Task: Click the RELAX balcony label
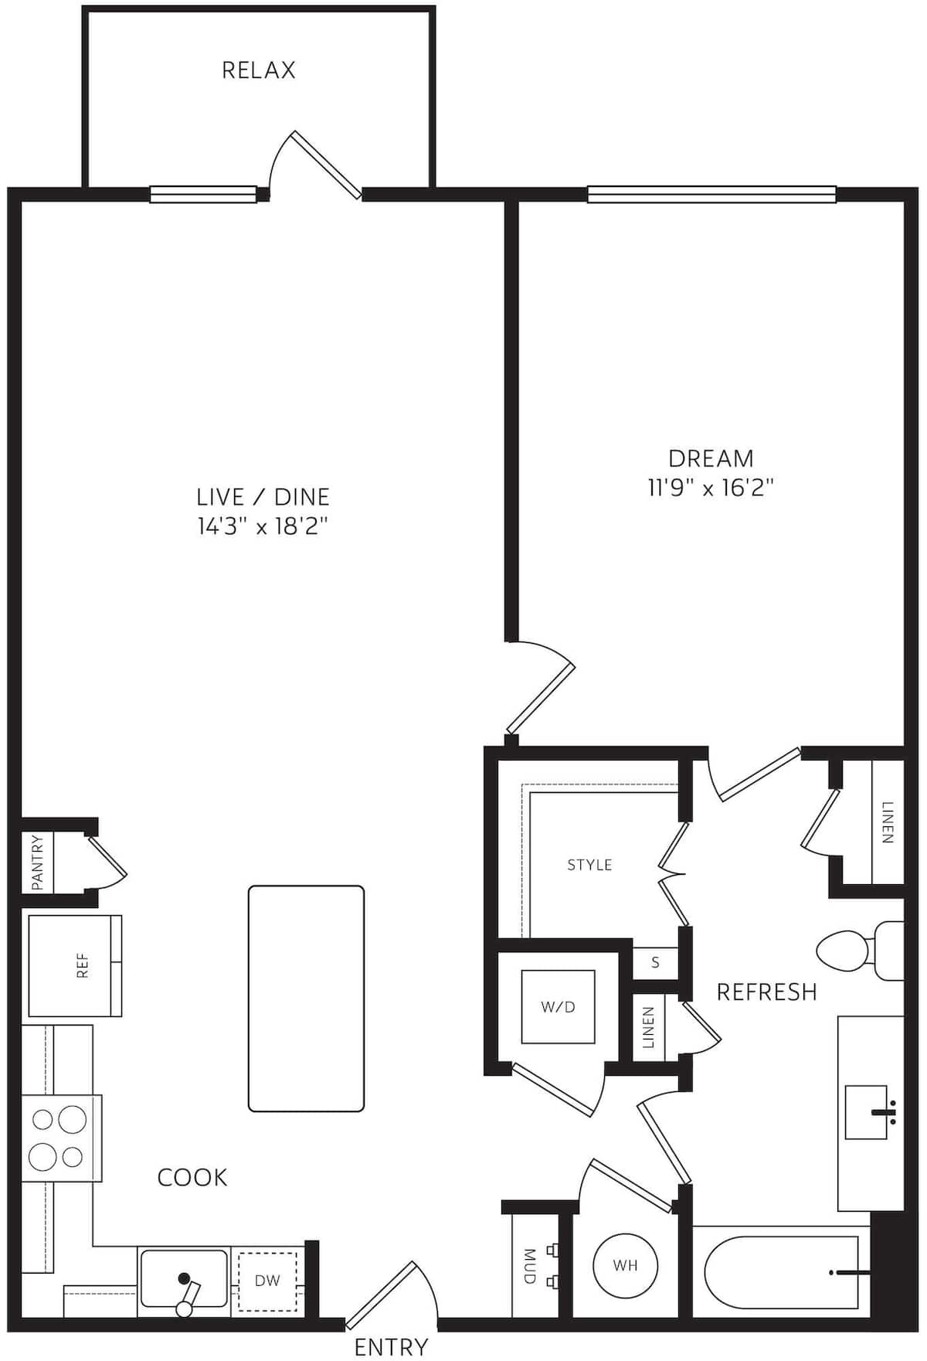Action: pyautogui.click(x=258, y=70)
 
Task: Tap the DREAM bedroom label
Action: pyautogui.click(x=711, y=458)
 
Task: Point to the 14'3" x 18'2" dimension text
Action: pyautogui.click(x=263, y=527)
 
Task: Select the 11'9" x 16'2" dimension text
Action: pyautogui.click(x=711, y=488)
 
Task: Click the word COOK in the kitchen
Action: pyautogui.click(x=192, y=1177)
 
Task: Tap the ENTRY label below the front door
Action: pyautogui.click(x=391, y=1346)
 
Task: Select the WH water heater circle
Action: pyautogui.click(x=625, y=1266)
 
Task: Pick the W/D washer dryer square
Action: pyautogui.click(x=558, y=1007)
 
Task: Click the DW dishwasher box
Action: pyautogui.click(x=267, y=1281)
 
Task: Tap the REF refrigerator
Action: pyautogui.click(x=75, y=965)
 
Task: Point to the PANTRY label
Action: pyautogui.click(x=37, y=863)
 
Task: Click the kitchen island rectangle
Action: pyautogui.click(x=306, y=999)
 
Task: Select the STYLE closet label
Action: pyautogui.click(x=589, y=865)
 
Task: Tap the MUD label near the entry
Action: pyautogui.click(x=529, y=1265)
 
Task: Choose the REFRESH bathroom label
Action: pyautogui.click(x=766, y=992)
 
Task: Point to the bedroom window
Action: pyautogui.click(x=711, y=194)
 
